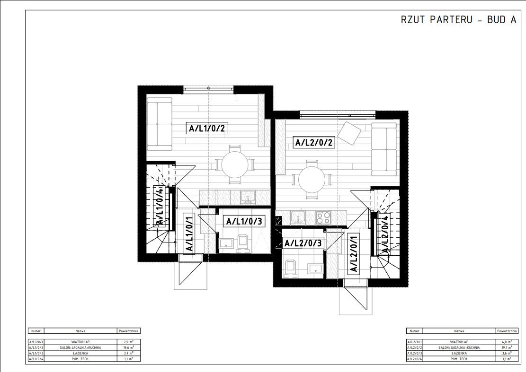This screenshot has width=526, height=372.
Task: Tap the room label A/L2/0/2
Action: click(x=315, y=142)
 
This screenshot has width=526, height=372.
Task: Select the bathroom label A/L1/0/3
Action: click(x=244, y=221)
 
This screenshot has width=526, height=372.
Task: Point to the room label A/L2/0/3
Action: click(x=303, y=243)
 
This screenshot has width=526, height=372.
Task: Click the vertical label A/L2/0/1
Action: click(x=353, y=253)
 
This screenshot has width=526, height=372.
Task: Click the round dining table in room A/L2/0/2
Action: click(x=312, y=180)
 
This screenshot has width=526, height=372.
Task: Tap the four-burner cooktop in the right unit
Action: click(x=324, y=217)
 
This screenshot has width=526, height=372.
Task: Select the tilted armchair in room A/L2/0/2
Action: click(x=351, y=133)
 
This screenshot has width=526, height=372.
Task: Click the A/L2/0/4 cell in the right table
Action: click(x=415, y=359)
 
